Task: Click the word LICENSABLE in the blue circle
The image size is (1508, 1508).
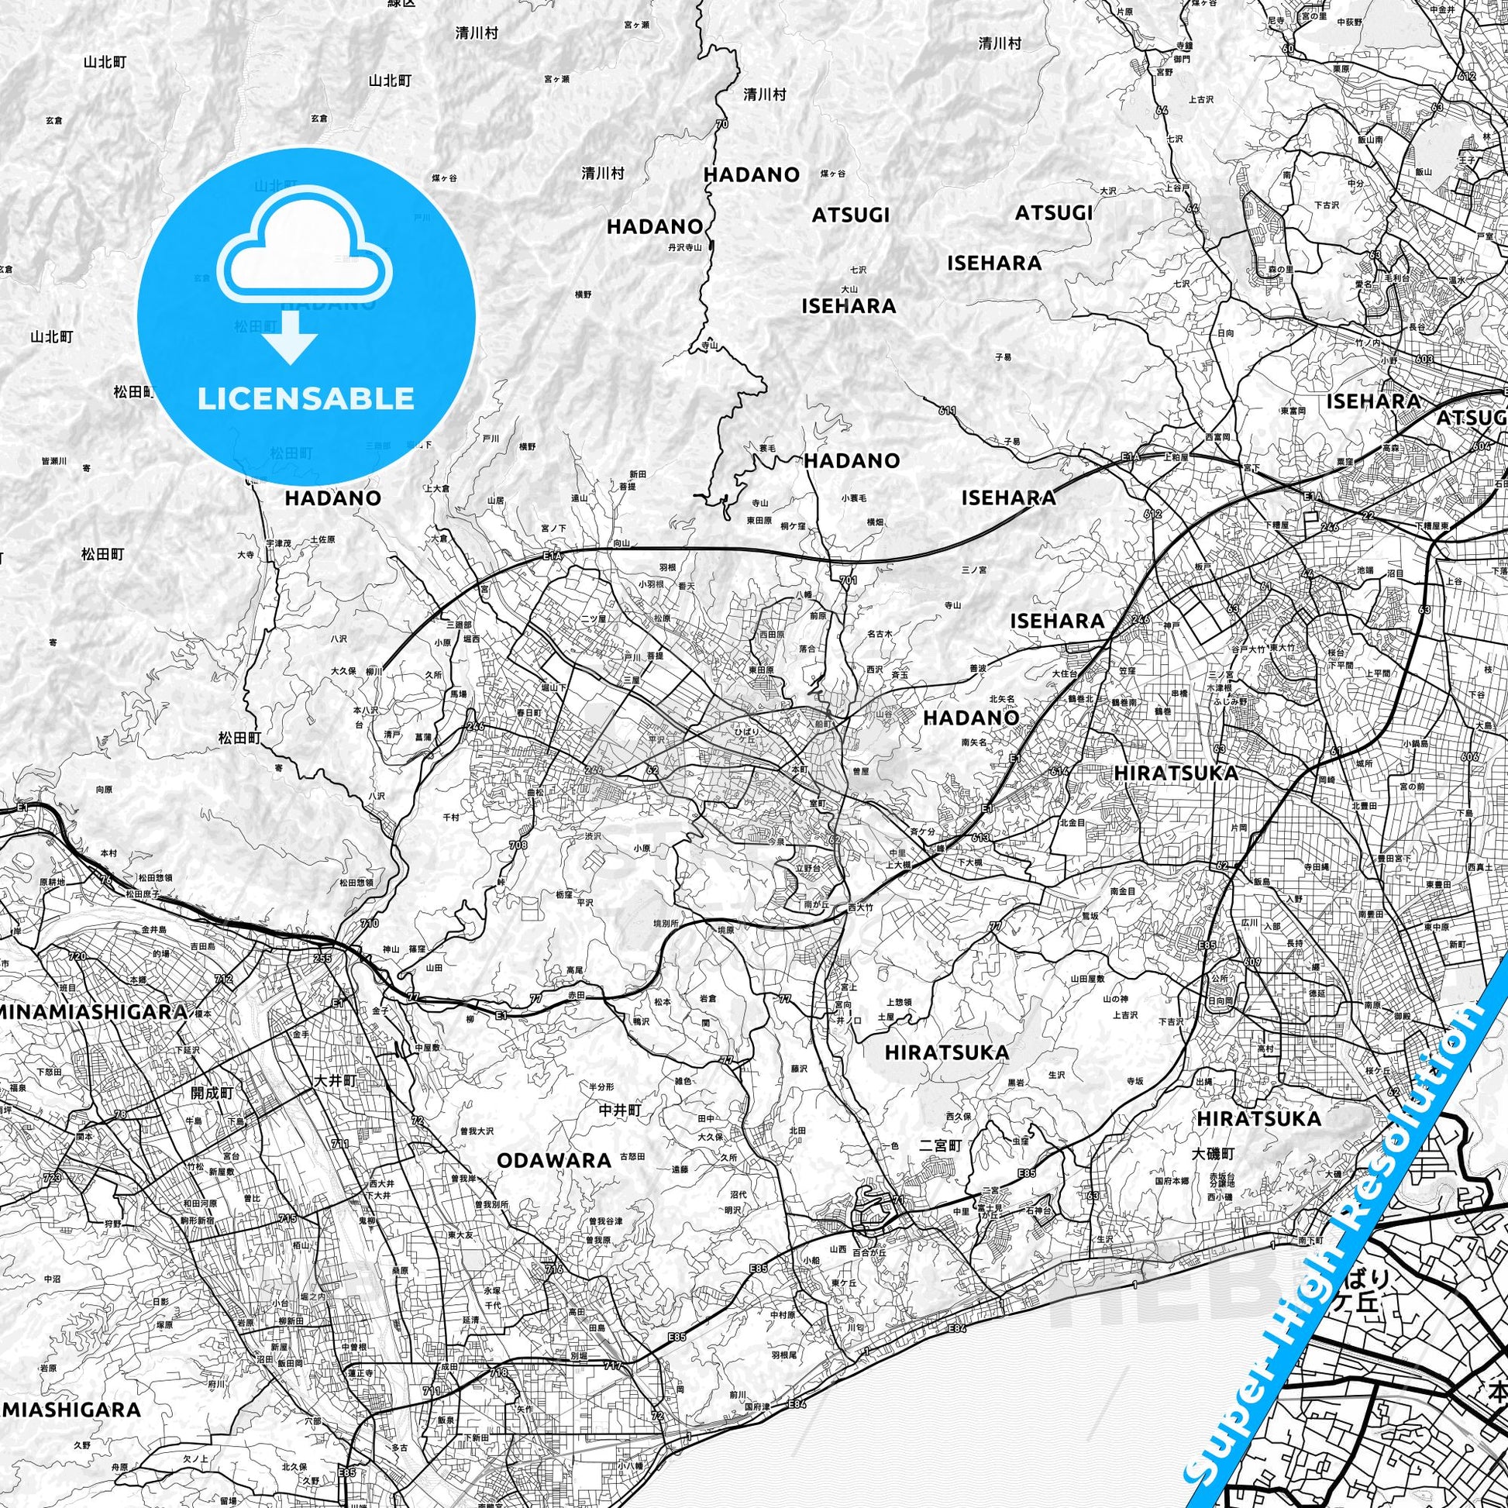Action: tap(305, 399)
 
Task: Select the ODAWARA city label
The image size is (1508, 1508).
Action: tap(554, 1160)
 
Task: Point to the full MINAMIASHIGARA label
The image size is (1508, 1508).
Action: tap(93, 1012)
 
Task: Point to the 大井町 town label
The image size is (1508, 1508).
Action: tap(334, 1081)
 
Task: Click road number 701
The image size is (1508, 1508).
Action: tap(849, 580)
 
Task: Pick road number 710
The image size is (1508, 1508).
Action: tap(370, 924)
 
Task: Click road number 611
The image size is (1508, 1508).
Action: tap(948, 410)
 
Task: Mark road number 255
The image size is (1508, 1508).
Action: tap(322, 959)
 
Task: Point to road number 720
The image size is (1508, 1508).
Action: tap(77, 956)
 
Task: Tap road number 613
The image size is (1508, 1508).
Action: tap(981, 838)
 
